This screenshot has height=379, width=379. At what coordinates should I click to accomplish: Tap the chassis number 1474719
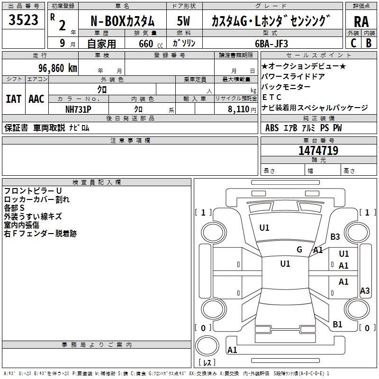[x=318, y=151]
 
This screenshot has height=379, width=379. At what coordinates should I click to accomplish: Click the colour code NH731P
[x=78, y=109]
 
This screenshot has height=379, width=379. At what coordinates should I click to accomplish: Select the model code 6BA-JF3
[x=271, y=43]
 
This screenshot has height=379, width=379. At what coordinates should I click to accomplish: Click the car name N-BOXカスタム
[x=122, y=21]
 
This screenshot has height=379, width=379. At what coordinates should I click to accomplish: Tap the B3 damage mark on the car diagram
[x=335, y=236]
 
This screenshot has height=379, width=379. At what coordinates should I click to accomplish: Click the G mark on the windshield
[x=299, y=249]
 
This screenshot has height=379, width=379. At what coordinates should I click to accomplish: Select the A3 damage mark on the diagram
[x=365, y=291]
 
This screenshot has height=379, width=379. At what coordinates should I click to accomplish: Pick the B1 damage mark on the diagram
[x=337, y=324]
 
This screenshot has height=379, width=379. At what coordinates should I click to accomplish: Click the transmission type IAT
[x=13, y=99]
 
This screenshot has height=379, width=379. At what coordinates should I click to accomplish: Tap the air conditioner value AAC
[x=36, y=99]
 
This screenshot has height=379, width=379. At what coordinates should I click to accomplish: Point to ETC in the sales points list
[x=271, y=97]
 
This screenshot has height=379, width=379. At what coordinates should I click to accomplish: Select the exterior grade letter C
[x=353, y=43]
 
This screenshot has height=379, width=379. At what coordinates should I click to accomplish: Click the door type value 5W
[x=183, y=21]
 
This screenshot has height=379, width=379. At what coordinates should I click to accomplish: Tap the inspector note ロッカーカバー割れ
[x=36, y=199]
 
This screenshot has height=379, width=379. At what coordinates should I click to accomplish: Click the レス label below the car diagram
[x=207, y=363]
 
